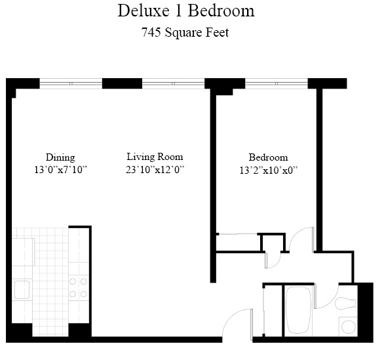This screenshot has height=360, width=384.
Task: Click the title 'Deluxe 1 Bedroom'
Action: click(185, 11)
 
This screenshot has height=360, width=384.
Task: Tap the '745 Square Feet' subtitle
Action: click(185, 33)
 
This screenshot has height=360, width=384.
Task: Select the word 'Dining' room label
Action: click(60, 157)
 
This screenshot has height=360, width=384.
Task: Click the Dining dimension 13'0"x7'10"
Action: click(60, 170)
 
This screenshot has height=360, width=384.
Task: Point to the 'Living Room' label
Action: click(155, 157)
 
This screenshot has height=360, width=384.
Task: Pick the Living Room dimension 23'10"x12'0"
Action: click(155, 170)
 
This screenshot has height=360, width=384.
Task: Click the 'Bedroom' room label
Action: click(268, 157)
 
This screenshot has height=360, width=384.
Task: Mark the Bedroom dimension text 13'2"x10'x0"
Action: click(268, 170)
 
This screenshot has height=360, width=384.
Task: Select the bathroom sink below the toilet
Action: click(347, 325)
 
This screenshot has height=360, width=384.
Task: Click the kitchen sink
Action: click(22, 289)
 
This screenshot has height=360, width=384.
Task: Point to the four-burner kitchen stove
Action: click(78, 289)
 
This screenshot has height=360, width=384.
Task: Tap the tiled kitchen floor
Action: click(49, 275)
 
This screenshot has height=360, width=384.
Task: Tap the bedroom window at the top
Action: click(275, 83)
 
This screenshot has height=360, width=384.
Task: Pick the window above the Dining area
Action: click(71, 83)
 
